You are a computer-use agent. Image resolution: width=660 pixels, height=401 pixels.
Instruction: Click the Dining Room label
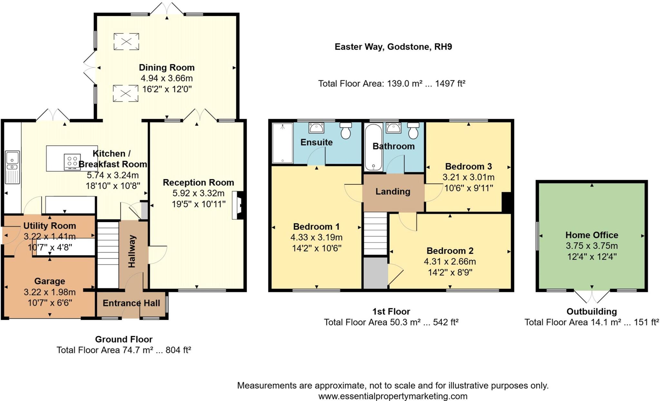tap(167, 68)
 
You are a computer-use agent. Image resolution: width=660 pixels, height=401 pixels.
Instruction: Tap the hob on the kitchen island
tap(72, 162)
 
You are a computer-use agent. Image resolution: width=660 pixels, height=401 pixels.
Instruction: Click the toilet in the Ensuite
tap(346, 130)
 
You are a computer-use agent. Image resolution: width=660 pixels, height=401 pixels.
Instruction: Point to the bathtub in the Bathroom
tap(373, 147)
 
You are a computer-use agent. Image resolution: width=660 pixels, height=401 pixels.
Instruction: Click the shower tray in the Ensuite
tap(283, 143)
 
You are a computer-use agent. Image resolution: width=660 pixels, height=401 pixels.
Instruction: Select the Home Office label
tap(592, 235)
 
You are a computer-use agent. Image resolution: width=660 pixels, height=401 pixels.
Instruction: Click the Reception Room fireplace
tap(238, 205)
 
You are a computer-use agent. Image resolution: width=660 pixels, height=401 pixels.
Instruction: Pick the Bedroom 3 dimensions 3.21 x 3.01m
tap(468, 177)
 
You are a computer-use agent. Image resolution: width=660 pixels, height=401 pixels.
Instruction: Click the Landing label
tap(393, 191)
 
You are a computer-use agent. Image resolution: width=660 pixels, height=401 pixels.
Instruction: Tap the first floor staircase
tap(375, 234)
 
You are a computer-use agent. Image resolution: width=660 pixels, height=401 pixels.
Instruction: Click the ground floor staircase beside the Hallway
tap(108, 254)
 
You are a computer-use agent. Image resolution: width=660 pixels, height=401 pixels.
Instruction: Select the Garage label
tap(50, 281)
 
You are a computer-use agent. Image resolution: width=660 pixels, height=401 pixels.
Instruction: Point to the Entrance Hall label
tap(131, 303)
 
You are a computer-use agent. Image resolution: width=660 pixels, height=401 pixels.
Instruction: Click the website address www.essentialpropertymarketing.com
tap(393, 396)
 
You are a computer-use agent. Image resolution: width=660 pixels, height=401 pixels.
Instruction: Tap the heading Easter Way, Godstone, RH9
tap(393, 47)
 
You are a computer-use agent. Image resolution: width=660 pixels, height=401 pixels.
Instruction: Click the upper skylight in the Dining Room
tap(126, 42)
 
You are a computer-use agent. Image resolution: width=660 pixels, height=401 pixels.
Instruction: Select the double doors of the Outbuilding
tap(592, 296)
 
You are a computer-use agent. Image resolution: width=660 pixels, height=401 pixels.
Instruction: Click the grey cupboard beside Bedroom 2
tap(376, 273)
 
